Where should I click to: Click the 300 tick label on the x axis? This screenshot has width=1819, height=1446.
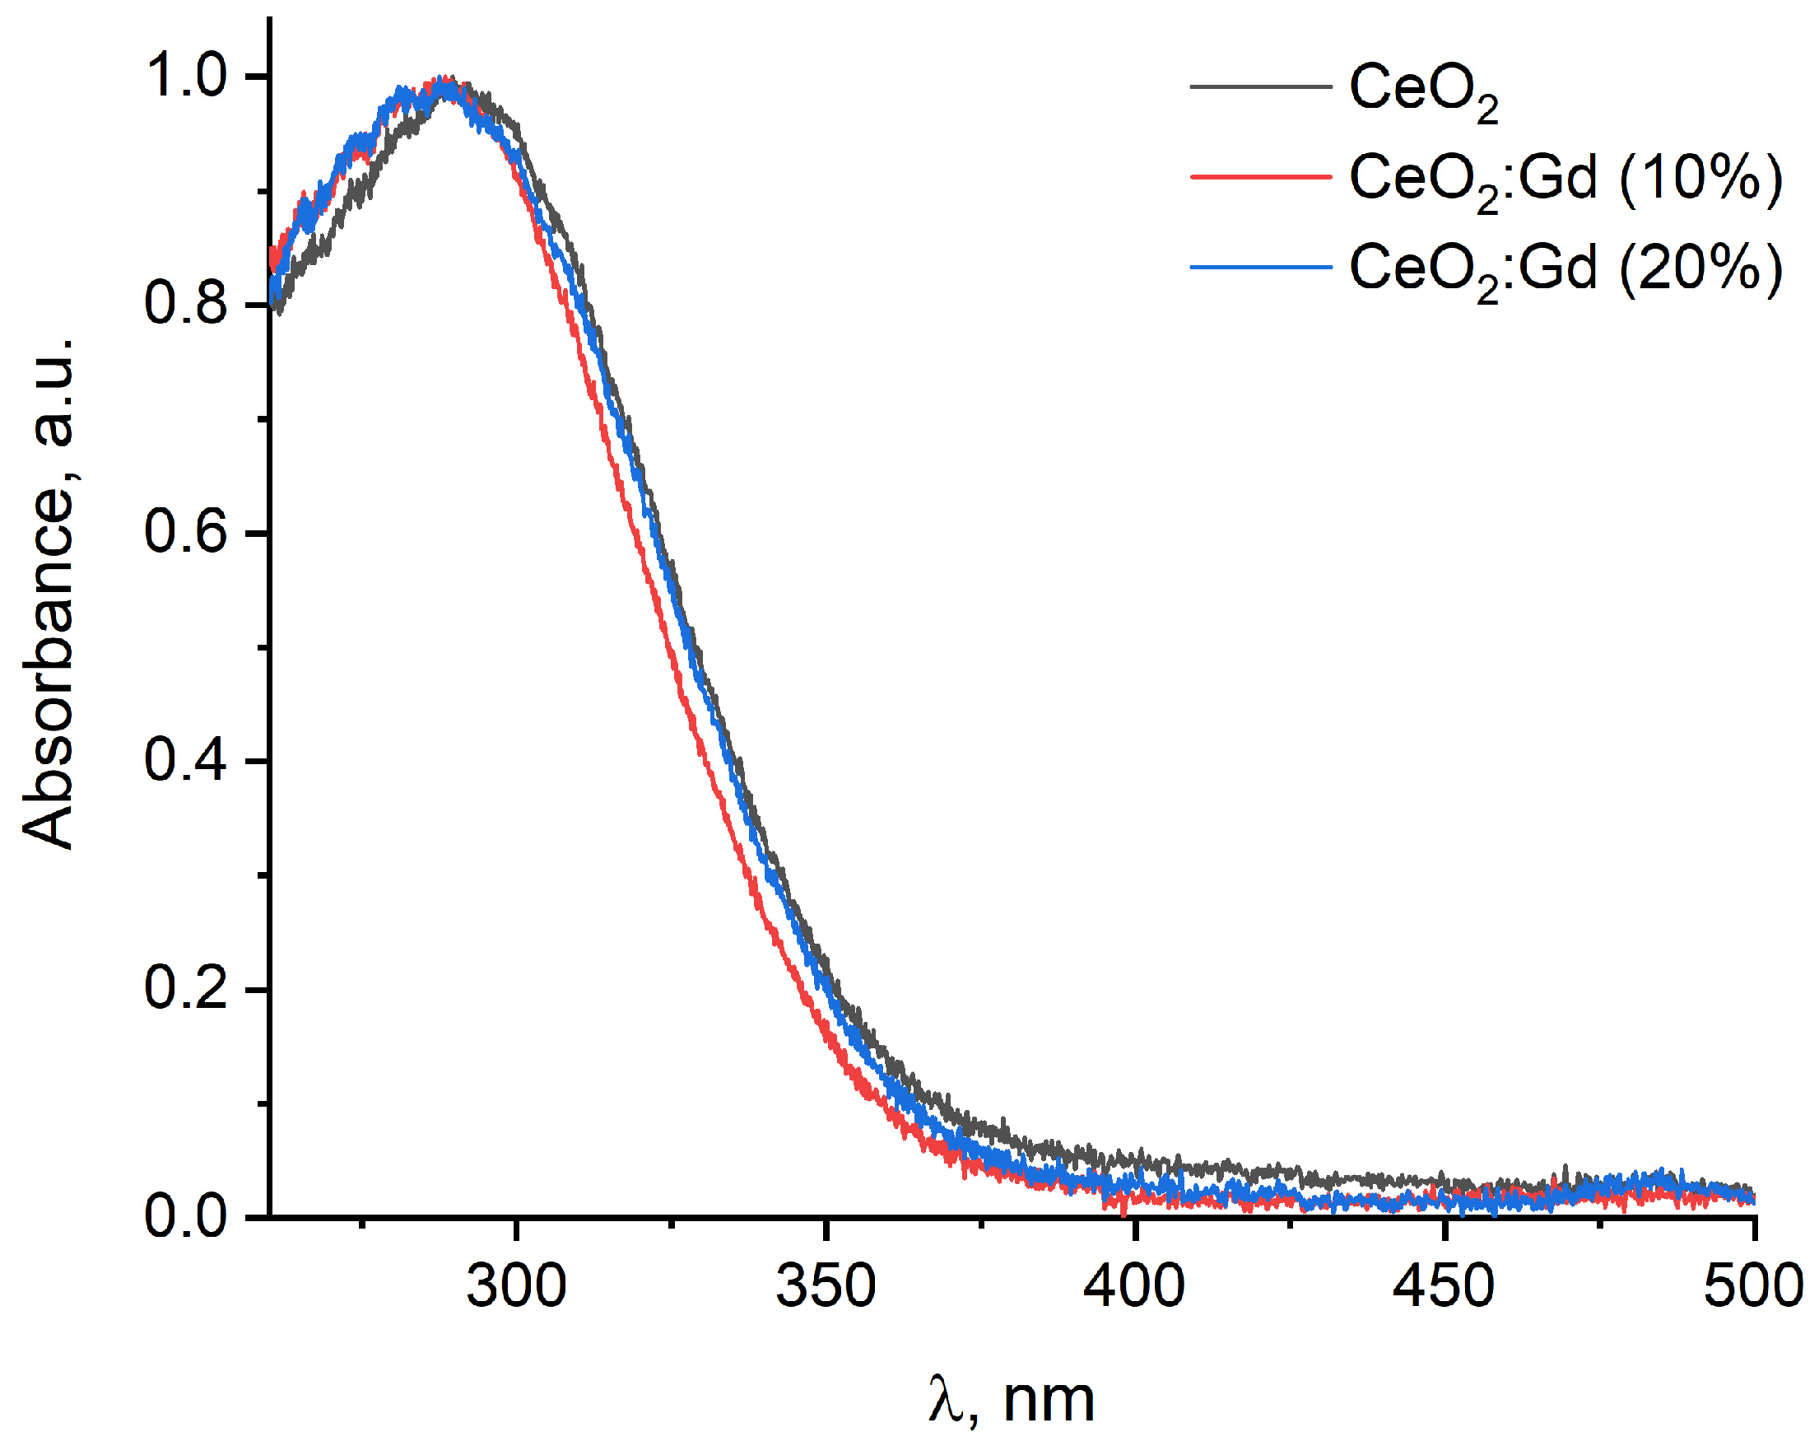point(515,1286)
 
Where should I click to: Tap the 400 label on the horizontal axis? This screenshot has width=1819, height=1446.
point(1135,1286)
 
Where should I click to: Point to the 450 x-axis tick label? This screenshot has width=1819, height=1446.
point(1444,1286)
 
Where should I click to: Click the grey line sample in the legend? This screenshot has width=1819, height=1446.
point(1259,87)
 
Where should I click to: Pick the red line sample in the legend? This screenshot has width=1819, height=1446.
point(1259,177)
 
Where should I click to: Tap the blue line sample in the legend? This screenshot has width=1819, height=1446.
point(1259,268)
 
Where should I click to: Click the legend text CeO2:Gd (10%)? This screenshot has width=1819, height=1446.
point(1565,180)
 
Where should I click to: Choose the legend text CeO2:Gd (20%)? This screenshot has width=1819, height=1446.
point(1565,270)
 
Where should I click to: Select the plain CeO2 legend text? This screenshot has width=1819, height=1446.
point(1422,91)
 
